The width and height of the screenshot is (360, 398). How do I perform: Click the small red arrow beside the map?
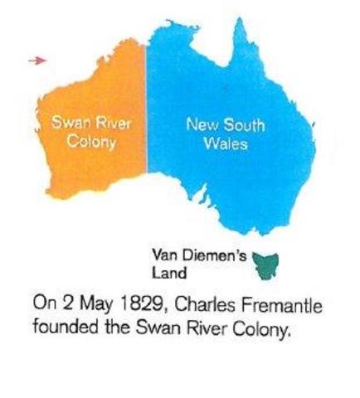pos(34,60)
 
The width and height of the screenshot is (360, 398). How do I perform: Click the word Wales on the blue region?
pos(224,144)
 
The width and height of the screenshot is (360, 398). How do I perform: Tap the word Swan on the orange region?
pos(68,122)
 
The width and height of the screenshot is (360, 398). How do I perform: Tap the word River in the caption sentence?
pos(200,325)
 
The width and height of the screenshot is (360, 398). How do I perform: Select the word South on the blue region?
pos(246,125)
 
